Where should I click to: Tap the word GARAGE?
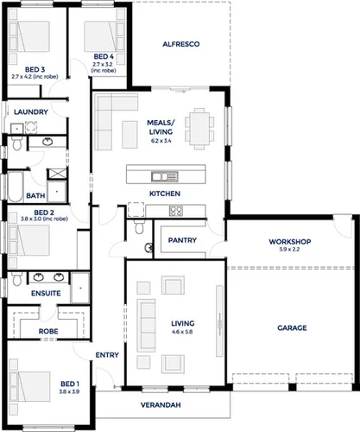point(292,327)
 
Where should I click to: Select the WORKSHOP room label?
point(289,241)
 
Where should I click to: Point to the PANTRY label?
point(183,240)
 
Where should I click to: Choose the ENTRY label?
point(107,354)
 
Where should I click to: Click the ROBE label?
point(47,330)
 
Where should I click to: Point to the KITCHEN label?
point(164,193)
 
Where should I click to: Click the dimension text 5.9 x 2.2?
point(289,250)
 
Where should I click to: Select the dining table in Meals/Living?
point(201,127)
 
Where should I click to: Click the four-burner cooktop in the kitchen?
point(175,210)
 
